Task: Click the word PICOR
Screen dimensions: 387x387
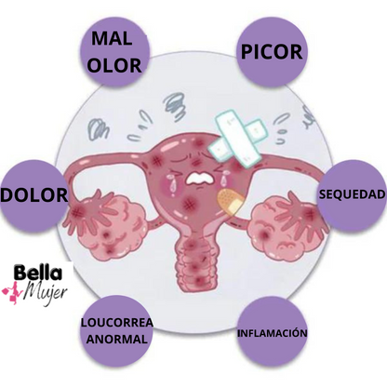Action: pyautogui.click(x=272, y=52)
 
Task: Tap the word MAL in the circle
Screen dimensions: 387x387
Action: pyautogui.click(x=112, y=38)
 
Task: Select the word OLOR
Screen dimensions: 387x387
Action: pyautogui.click(x=114, y=65)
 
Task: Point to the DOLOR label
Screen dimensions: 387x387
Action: pyautogui.click(x=33, y=195)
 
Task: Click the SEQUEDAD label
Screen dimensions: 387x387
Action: pyautogui.click(x=353, y=194)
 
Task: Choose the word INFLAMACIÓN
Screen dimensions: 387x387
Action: pyautogui.click(x=273, y=333)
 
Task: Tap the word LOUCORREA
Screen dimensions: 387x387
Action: pyautogui.click(x=117, y=323)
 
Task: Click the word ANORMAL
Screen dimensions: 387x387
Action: pyautogui.click(x=117, y=339)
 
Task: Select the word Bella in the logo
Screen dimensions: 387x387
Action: pyautogui.click(x=38, y=273)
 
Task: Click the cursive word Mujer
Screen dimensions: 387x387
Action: pyautogui.click(x=46, y=292)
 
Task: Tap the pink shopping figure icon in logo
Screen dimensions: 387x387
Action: pyautogui.click(x=12, y=292)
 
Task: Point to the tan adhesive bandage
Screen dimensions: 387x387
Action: pyautogui.click(x=231, y=201)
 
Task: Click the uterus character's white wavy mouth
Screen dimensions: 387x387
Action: pyautogui.click(x=200, y=178)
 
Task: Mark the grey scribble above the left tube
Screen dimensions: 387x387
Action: pyautogui.click(x=99, y=128)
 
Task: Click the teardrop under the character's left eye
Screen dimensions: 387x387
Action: pyautogui.click(x=171, y=182)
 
